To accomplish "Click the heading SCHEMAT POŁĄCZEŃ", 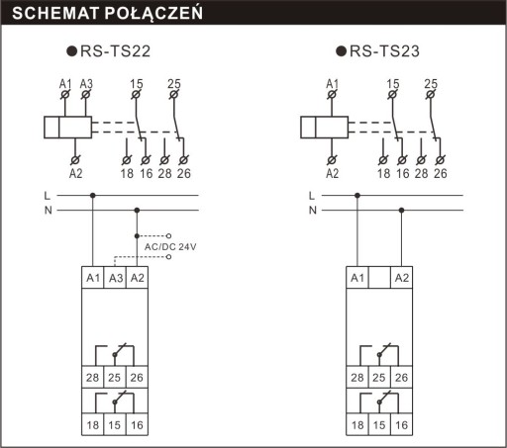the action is point(107,13).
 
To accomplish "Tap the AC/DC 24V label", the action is point(170,246).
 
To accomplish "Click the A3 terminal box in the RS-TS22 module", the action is point(115,278).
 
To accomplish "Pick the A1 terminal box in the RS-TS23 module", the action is point(357,278).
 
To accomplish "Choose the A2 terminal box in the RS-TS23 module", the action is point(402,278).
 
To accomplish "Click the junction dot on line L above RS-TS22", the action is point(93,196).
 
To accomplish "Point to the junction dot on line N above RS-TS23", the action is point(401,210).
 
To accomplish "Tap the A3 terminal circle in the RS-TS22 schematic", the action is point(86,95).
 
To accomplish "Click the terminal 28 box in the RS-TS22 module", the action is point(93,377).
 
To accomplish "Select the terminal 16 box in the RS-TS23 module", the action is point(402,424).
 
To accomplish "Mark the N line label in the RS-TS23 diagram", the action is point(313,210).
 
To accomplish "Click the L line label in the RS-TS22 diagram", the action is point(48,196).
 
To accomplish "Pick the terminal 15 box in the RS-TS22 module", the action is point(115,424).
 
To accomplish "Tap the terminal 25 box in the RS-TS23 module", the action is point(379,377).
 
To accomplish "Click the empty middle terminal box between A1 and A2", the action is point(379,278).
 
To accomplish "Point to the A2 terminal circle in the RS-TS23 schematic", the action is point(332,160).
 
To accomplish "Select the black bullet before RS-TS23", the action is point(341,51).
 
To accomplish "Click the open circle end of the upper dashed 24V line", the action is point(168,236).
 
